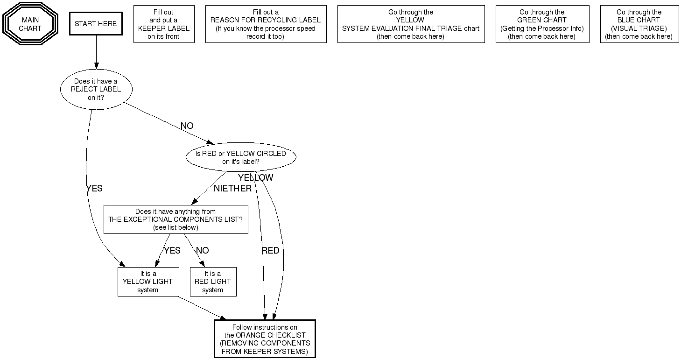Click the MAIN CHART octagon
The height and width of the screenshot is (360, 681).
click(30, 24)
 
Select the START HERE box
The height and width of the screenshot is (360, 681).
click(96, 24)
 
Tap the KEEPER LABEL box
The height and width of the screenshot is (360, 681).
click(164, 24)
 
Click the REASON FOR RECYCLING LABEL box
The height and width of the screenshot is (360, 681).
click(266, 24)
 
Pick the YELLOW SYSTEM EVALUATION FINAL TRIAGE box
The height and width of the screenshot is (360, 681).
click(411, 24)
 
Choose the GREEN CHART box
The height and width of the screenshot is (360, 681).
click(542, 24)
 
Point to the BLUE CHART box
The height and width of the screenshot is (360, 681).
click(639, 24)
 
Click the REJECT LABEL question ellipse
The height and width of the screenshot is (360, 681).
click(96, 89)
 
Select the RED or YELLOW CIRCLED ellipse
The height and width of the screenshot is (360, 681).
click(241, 157)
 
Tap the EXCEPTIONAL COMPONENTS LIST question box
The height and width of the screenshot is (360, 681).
click(176, 219)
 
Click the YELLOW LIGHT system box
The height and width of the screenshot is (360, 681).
click(148, 282)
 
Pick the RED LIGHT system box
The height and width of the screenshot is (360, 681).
click(213, 282)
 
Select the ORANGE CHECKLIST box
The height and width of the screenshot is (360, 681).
click(265, 339)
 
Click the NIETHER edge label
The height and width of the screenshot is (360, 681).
click(232, 189)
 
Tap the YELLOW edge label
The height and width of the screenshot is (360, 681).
click(255, 178)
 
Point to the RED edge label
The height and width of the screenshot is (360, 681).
click(270, 251)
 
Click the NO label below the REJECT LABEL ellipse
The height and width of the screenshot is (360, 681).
click(187, 126)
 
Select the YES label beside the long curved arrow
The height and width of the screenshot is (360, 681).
click(94, 189)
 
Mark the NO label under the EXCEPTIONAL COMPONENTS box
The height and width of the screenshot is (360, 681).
click(202, 251)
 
